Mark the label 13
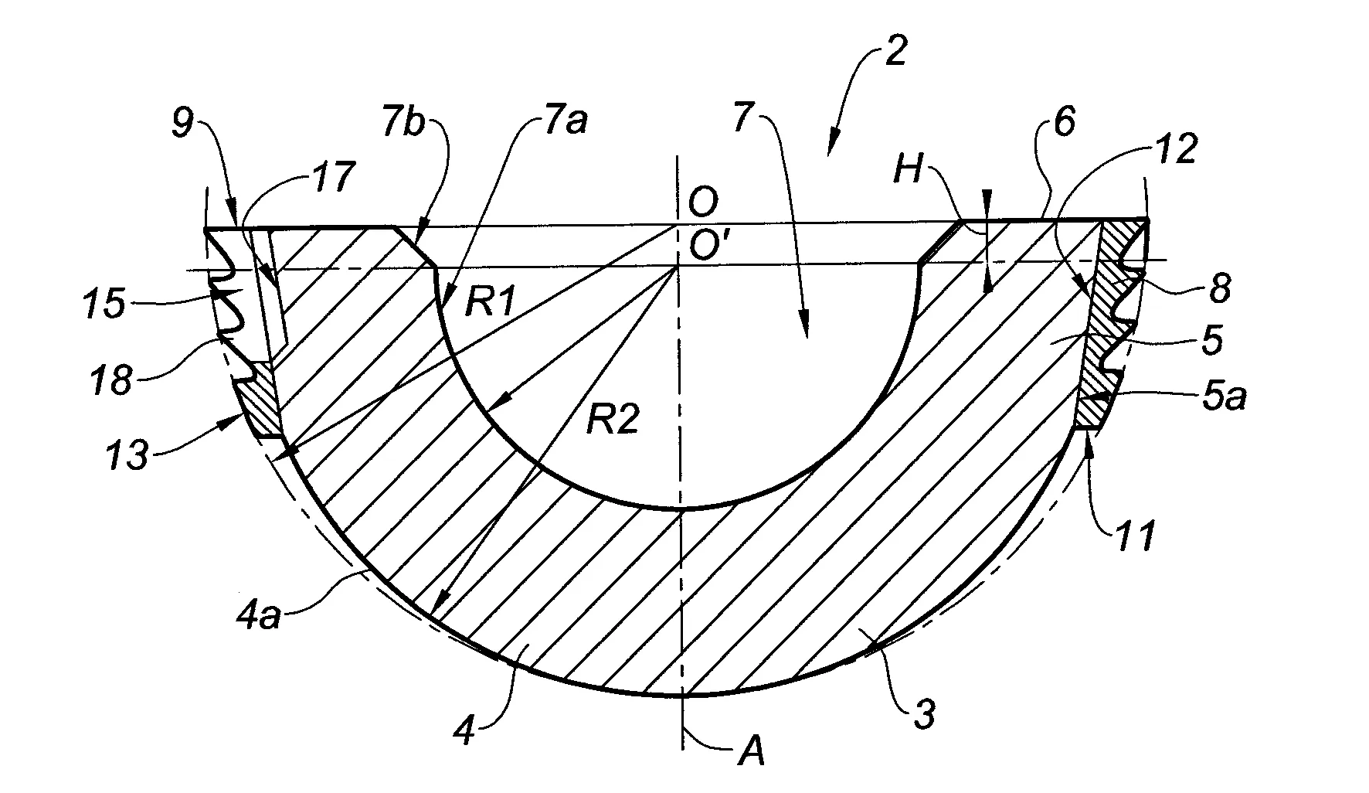126,455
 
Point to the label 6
1064,124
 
